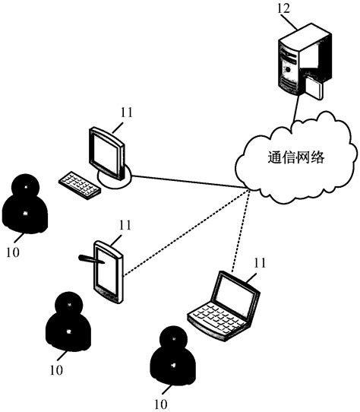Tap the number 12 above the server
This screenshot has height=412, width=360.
pyautogui.click(x=283, y=10)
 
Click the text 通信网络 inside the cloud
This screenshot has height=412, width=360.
pyautogui.click(x=296, y=158)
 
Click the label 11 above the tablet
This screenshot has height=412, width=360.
pyautogui.click(x=124, y=225)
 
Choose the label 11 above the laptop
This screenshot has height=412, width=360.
pyautogui.click(x=260, y=263)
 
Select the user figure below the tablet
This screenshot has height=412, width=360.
pyautogui.click(x=69, y=320)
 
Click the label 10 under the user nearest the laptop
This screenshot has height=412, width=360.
pyautogui.click(x=160, y=404)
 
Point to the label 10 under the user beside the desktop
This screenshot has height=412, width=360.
pyautogui.click(x=11, y=249)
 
